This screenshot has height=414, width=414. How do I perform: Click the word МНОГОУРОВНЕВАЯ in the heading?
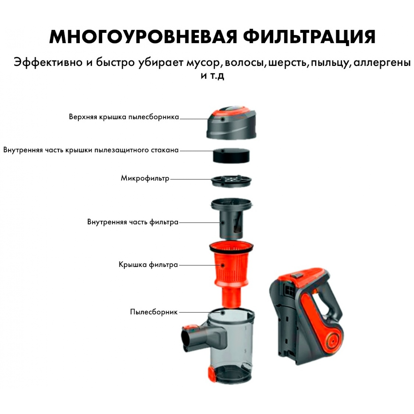point(143,36)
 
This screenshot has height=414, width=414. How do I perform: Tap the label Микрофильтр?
point(145,178)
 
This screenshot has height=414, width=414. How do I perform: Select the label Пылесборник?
point(154,312)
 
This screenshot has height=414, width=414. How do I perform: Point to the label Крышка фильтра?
point(148,265)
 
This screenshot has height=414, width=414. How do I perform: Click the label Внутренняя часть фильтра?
point(133,222)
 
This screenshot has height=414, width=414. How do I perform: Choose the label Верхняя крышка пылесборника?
point(124,117)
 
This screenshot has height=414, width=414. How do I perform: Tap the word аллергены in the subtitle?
point(382,63)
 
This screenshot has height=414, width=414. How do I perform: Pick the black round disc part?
point(231,156)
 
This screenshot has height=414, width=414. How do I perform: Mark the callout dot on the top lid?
point(222,119)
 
